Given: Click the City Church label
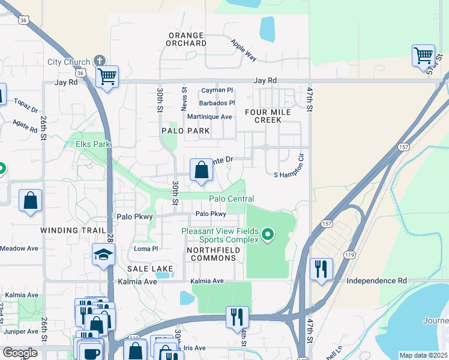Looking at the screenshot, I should pos(69,62).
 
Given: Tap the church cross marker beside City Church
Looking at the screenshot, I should pos(100,61).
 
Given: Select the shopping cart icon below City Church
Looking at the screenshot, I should pos(107,77).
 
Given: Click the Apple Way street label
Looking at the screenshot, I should pos(244,50).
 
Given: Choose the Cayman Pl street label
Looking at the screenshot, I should pos(217,91).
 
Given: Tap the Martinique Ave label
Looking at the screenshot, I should pos(209,116).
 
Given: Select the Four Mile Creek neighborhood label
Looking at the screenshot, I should pos(268,116).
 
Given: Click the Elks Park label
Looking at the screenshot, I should pos(93,144).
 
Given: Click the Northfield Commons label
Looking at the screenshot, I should pos(211,254).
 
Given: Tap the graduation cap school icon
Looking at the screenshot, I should pos(104,255).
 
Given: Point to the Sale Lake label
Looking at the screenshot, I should pos(149,269).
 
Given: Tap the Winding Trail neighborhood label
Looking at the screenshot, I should pos(67,230).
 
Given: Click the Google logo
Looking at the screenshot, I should pos(20,353).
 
